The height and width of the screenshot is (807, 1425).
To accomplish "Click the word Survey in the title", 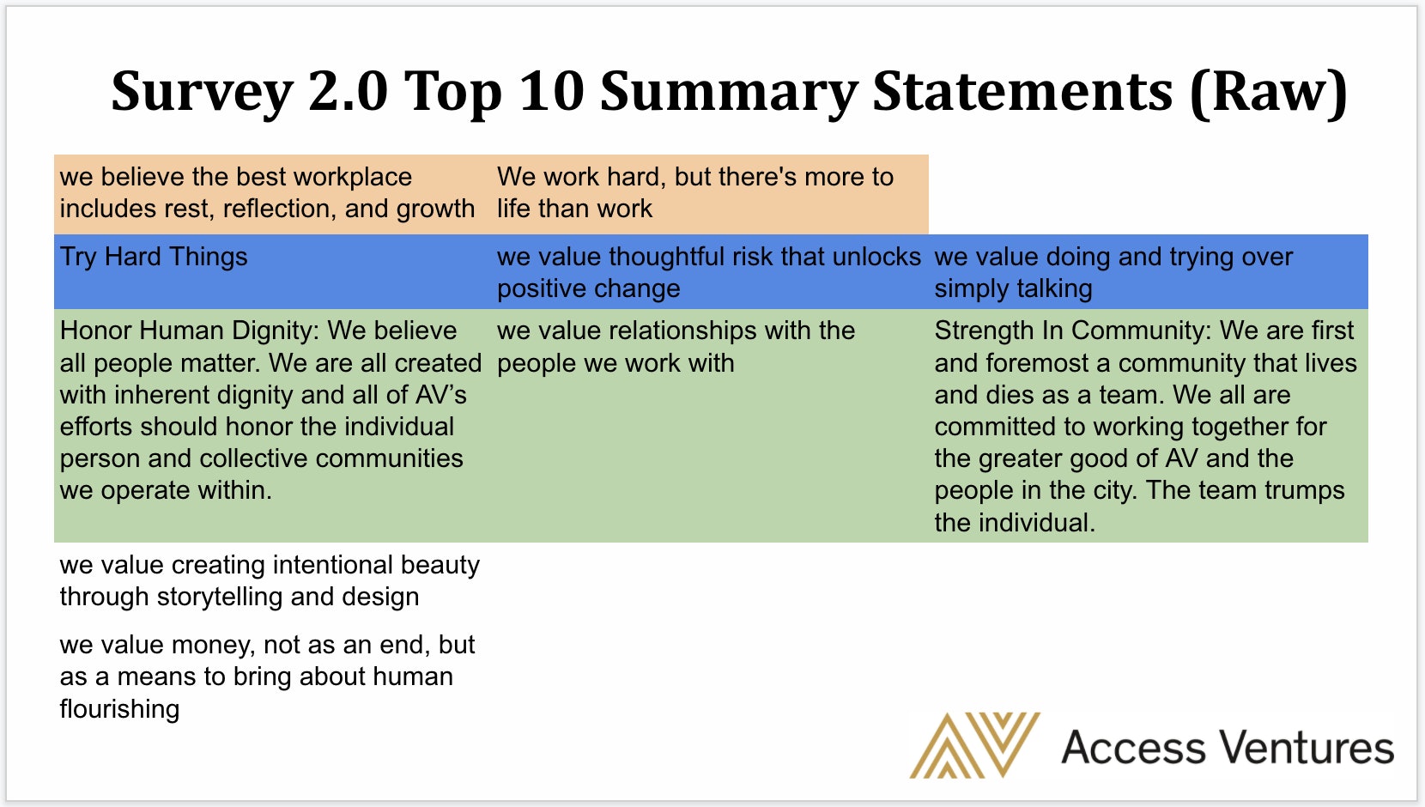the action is tap(202, 93).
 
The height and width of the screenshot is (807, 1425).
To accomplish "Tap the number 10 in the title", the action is tap(551, 91).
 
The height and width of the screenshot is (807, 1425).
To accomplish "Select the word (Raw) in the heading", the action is tap(1268, 93).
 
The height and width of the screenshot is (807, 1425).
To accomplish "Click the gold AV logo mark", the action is tap(974, 744).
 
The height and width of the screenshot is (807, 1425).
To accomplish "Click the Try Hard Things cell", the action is tap(154, 257).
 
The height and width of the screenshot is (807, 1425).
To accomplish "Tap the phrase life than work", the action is tap(574, 209).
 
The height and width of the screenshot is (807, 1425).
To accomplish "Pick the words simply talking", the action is tap(1013, 289).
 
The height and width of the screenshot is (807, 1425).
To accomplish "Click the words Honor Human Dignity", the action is tap(190, 331).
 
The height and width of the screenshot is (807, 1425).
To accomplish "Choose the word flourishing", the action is tap(119, 709).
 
